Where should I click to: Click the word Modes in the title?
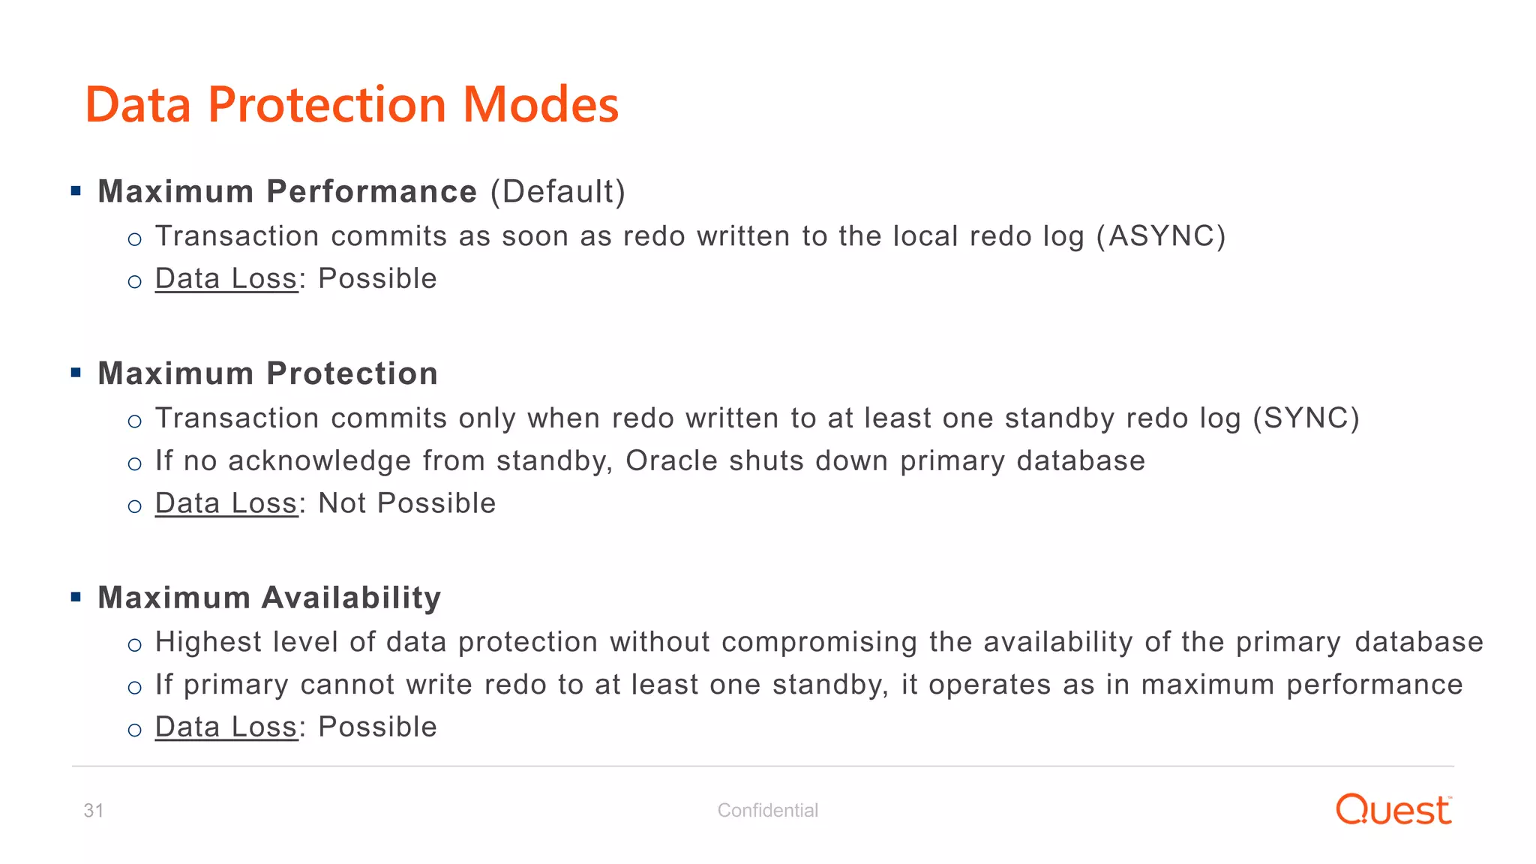pyautogui.click(x=541, y=104)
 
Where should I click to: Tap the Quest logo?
pyautogui.click(x=1393, y=810)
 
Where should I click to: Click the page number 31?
pyautogui.click(x=94, y=810)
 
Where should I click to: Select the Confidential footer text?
pyautogui.click(x=767, y=810)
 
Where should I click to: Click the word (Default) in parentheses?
pyautogui.click(x=558, y=192)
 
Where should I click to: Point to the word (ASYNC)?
pyautogui.click(x=1161, y=236)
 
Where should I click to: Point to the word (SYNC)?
pyautogui.click(x=1306, y=418)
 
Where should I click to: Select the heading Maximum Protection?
pyautogui.click(x=268, y=373)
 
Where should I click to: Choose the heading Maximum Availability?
pyautogui.click(x=269, y=598)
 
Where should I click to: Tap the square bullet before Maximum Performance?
pyautogui.click(x=76, y=190)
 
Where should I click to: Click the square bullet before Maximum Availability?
pyautogui.click(x=76, y=597)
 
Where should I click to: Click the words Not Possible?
pyautogui.click(x=406, y=503)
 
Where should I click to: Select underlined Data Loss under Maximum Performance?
pyautogui.click(x=226, y=279)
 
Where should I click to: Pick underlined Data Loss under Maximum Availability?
pyautogui.click(x=226, y=727)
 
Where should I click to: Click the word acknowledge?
pyautogui.click(x=319, y=460)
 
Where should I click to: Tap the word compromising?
pyautogui.click(x=820, y=642)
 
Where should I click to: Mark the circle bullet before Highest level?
pyautogui.click(x=135, y=645)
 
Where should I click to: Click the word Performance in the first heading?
pyautogui.click(x=371, y=192)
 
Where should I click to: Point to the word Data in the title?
pyautogui.click(x=139, y=104)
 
